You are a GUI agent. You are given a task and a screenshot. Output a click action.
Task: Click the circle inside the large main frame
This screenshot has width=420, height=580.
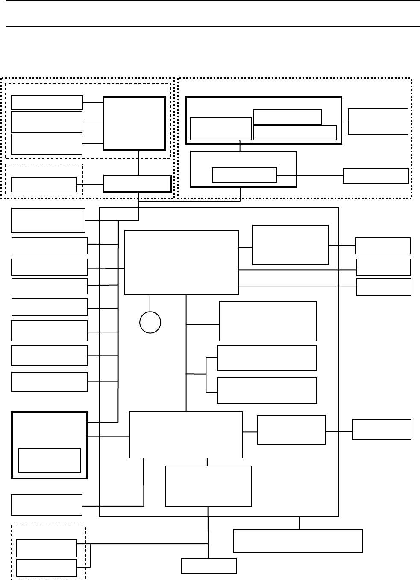pyautogui.click(x=150, y=322)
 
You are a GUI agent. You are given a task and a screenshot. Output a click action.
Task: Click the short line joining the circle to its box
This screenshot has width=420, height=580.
pyautogui.click(x=150, y=303)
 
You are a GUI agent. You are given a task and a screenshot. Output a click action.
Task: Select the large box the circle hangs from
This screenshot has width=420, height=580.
pyautogui.click(x=181, y=262)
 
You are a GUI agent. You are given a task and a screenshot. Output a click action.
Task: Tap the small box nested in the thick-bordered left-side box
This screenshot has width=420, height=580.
pyautogui.click(x=50, y=461)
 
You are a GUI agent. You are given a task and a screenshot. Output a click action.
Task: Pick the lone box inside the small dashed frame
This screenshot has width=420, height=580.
pyautogui.click(x=44, y=184)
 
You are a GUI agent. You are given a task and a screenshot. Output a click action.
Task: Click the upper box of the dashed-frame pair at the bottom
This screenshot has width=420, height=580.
pyautogui.click(x=47, y=548)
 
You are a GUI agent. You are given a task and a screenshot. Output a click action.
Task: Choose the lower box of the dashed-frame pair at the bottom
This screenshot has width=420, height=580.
pyautogui.click(x=47, y=567)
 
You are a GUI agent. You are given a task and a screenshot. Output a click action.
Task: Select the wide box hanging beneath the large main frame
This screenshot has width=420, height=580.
pyautogui.click(x=298, y=541)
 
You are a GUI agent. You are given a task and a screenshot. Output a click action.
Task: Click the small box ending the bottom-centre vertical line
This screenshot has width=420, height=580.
pyautogui.click(x=209, y=565)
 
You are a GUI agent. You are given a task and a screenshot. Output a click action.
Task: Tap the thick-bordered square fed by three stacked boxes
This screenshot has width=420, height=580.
pyautogui.click(x=134, y=124)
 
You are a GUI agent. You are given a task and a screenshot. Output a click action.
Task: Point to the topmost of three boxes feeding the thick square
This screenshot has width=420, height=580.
pyautogui.click(x=47, y=102)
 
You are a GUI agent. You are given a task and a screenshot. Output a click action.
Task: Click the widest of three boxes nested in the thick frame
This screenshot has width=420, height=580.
pyautogui.click(x=295, y=133)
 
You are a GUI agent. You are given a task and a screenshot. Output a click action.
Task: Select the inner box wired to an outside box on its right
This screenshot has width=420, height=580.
pyautogui.click(x=244, y=175)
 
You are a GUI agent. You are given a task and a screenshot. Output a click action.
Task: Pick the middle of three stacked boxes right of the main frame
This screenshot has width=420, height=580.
pyautogui.click(x=383, y=267)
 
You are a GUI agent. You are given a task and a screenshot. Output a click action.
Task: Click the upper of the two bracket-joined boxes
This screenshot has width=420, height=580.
pyautogui.click(x=267, y=358)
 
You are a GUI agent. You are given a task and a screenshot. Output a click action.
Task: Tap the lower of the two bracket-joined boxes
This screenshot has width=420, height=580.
pyautogui.click(x=267, y=390)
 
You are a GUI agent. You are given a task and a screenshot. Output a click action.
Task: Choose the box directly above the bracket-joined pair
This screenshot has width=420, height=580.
pyautogui.click(x=268, y=321)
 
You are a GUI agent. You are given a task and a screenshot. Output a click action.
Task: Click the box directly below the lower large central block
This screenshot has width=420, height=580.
pyautogui.click(x=208, y=486)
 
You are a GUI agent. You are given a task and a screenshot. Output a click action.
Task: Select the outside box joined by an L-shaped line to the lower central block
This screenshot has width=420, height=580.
pyautogui.click(x=47, y=505)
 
